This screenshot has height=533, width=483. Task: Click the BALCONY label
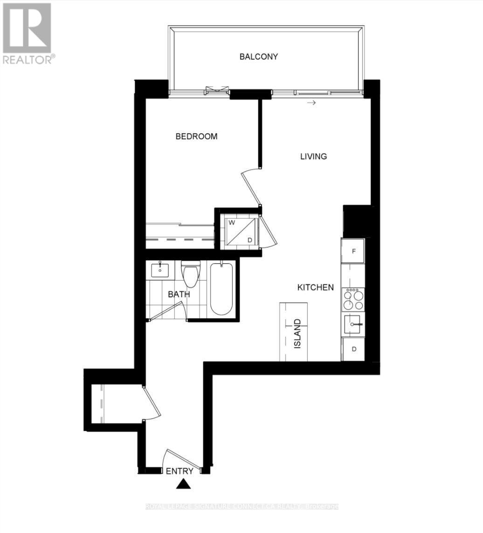[259, 57]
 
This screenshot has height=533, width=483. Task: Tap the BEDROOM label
[196, 137]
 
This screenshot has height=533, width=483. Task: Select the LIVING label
[313, 157]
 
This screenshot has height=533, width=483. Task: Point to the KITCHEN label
[316, 287]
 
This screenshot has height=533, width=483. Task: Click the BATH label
[179, 294]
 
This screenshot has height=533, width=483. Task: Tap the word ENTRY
[179, 471]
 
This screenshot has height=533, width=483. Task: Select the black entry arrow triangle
[184, 485]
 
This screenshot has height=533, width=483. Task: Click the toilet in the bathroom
[191, 275]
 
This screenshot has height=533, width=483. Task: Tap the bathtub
[221, 289]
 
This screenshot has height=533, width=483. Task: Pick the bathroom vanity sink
[160, 269]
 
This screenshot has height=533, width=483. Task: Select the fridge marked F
[353, 251]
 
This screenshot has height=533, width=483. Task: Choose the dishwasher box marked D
[353, 349]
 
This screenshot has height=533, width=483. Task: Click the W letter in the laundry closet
[232, 223]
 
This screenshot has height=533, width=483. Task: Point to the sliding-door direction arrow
[311, 102]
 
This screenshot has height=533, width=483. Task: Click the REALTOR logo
[28, 33]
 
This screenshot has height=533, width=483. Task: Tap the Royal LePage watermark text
[242, 506]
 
